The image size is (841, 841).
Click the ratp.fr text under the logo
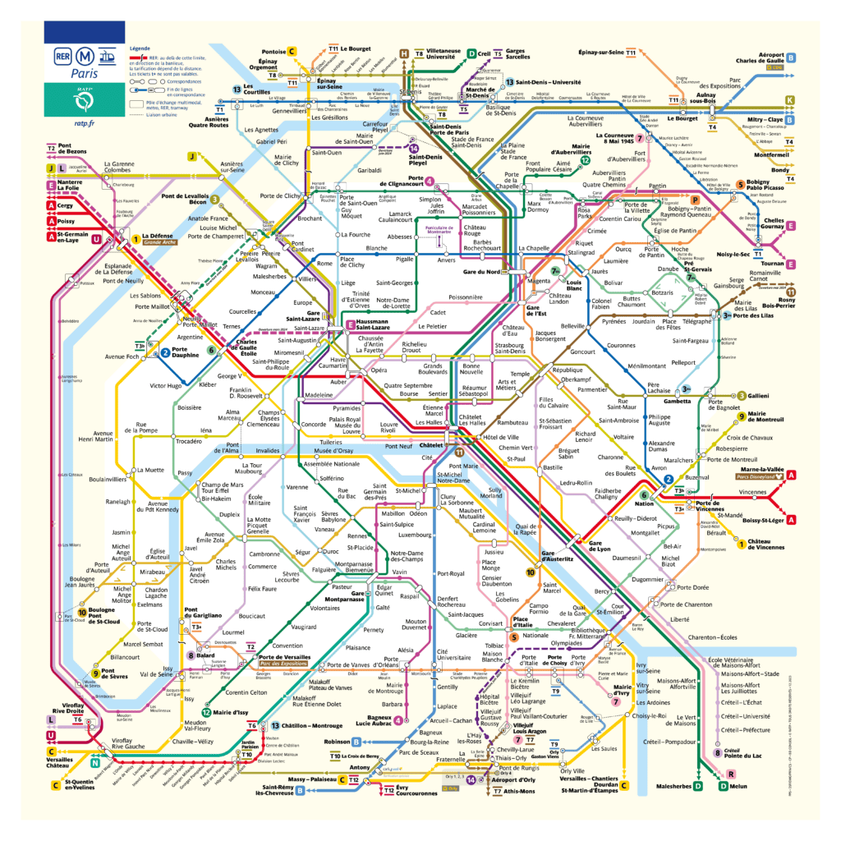click(x=85, y=123)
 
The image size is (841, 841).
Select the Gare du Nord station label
click(x=481, y=271)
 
